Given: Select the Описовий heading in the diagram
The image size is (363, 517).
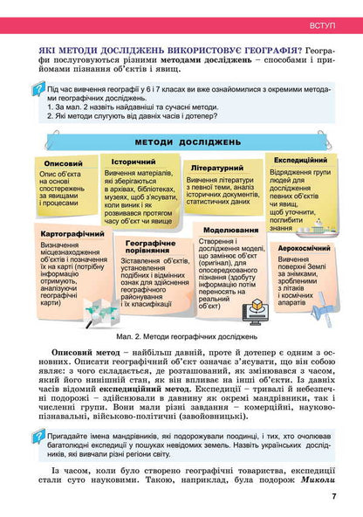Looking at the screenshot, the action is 63,163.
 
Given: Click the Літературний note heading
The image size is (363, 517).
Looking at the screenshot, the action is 214,167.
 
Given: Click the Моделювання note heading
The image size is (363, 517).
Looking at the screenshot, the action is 229,230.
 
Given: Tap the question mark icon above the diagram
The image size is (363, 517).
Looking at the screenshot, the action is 37,90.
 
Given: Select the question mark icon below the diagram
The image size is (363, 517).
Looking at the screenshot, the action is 37,437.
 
